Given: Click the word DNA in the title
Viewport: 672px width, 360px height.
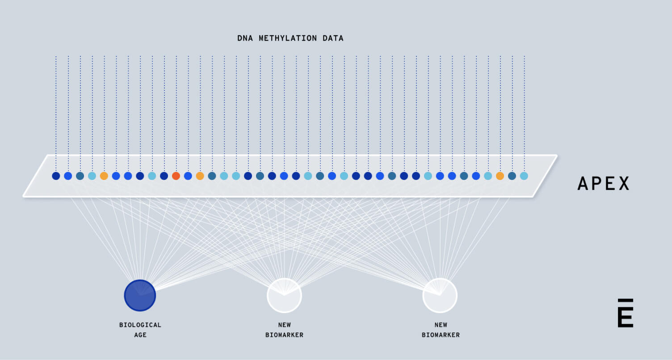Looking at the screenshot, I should pos(245,38).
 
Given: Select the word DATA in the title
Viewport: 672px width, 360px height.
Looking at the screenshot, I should pos(333,38).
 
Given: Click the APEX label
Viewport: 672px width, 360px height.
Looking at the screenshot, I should pos(603,184).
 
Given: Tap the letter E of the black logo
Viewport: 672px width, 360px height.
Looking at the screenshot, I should pos(626,318).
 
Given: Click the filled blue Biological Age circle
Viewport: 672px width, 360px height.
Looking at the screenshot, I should pos(140,295).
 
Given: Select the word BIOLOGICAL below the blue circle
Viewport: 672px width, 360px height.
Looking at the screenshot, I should pos(140,325).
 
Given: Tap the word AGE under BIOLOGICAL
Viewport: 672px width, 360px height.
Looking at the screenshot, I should pos(140,335).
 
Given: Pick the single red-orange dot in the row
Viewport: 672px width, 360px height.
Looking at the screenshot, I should pos(176,176).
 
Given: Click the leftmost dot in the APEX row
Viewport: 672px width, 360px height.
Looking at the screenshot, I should pos(56,176).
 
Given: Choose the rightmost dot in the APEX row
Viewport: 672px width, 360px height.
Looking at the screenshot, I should pos(524,176).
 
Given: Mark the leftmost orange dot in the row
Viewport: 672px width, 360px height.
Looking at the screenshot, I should pos(104,176).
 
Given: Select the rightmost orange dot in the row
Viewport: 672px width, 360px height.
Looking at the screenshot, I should pos(500,176).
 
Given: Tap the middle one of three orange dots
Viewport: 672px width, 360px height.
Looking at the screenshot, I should pos(200,176).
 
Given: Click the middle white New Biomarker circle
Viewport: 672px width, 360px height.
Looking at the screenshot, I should pos(284,295).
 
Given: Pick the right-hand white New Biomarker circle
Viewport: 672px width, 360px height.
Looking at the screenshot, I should pos(440,295).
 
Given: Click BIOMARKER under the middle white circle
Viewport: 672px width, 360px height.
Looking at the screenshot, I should pos(284,335).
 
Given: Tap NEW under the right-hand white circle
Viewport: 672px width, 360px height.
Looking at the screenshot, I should pos(441,325).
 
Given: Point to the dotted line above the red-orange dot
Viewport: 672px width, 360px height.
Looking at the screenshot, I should pos(176,112).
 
